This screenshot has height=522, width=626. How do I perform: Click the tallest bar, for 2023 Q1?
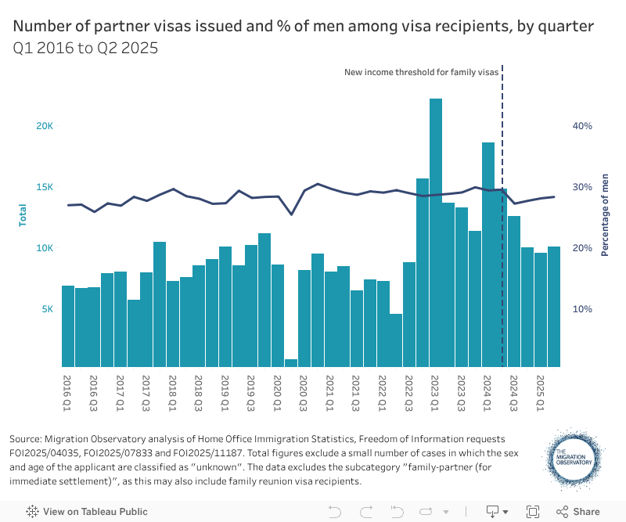[436, 235]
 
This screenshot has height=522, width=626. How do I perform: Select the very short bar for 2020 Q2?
[291, 362]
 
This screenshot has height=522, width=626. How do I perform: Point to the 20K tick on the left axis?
[45, 126]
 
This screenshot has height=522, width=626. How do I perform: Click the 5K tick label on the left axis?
[48, 309]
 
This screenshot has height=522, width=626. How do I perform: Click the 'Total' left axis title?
[23, 215]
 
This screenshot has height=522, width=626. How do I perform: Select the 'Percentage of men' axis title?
[605, 215]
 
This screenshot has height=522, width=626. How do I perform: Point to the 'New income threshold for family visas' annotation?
[421, 72]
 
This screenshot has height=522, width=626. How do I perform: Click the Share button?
[578, 511]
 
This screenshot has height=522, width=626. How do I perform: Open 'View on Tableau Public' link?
[88, 511]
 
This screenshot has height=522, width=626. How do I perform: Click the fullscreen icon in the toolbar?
[533, 511]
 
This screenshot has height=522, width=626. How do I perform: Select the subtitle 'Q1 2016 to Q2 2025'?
[85, 48]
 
